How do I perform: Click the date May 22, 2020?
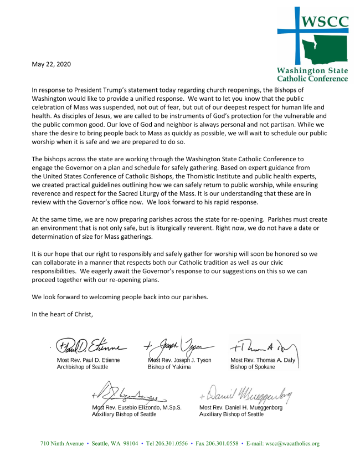point(51,64)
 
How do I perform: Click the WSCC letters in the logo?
point(324,22)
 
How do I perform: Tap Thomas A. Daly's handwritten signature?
point(263,347)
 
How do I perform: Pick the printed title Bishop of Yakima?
point(169,367)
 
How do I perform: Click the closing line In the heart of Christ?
point(63,314)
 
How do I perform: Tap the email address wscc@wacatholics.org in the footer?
point(300,444)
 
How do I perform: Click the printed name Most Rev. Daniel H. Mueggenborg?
point(241,407)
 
